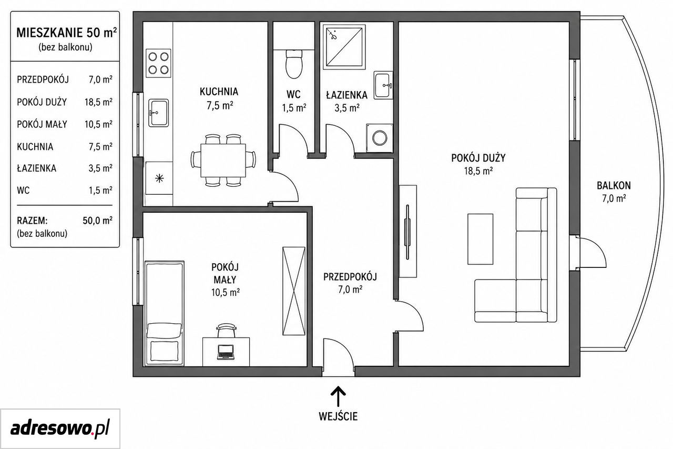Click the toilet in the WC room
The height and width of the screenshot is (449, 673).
(x=294, y=64)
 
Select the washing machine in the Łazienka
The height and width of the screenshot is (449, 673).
(x=380, y=138)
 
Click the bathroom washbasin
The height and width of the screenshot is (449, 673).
(x=383, y=85)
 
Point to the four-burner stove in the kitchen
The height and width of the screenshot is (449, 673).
(x=158, y=63)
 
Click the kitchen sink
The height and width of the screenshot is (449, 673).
(x=158, y=113)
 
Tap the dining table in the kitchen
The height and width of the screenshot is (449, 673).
(x=223, y=161)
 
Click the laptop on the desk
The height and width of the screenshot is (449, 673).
(x=226, y=353)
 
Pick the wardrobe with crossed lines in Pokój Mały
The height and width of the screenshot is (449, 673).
(x=294, y=291)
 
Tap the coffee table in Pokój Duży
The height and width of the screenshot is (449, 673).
(x=480, y=239)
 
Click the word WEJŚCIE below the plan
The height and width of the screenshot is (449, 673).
(x=338, y=416)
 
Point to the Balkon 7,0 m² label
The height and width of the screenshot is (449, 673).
(x=614, y=192)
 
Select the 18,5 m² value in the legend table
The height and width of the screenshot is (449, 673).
(x=98, y=102)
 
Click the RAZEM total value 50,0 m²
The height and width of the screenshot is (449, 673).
(x=98, y=221)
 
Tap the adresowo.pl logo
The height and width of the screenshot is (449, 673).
(x=60, y=428)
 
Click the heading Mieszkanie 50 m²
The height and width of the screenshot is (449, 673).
(x=66, y=33)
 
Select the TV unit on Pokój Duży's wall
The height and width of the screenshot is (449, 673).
(x=407, y=231)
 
